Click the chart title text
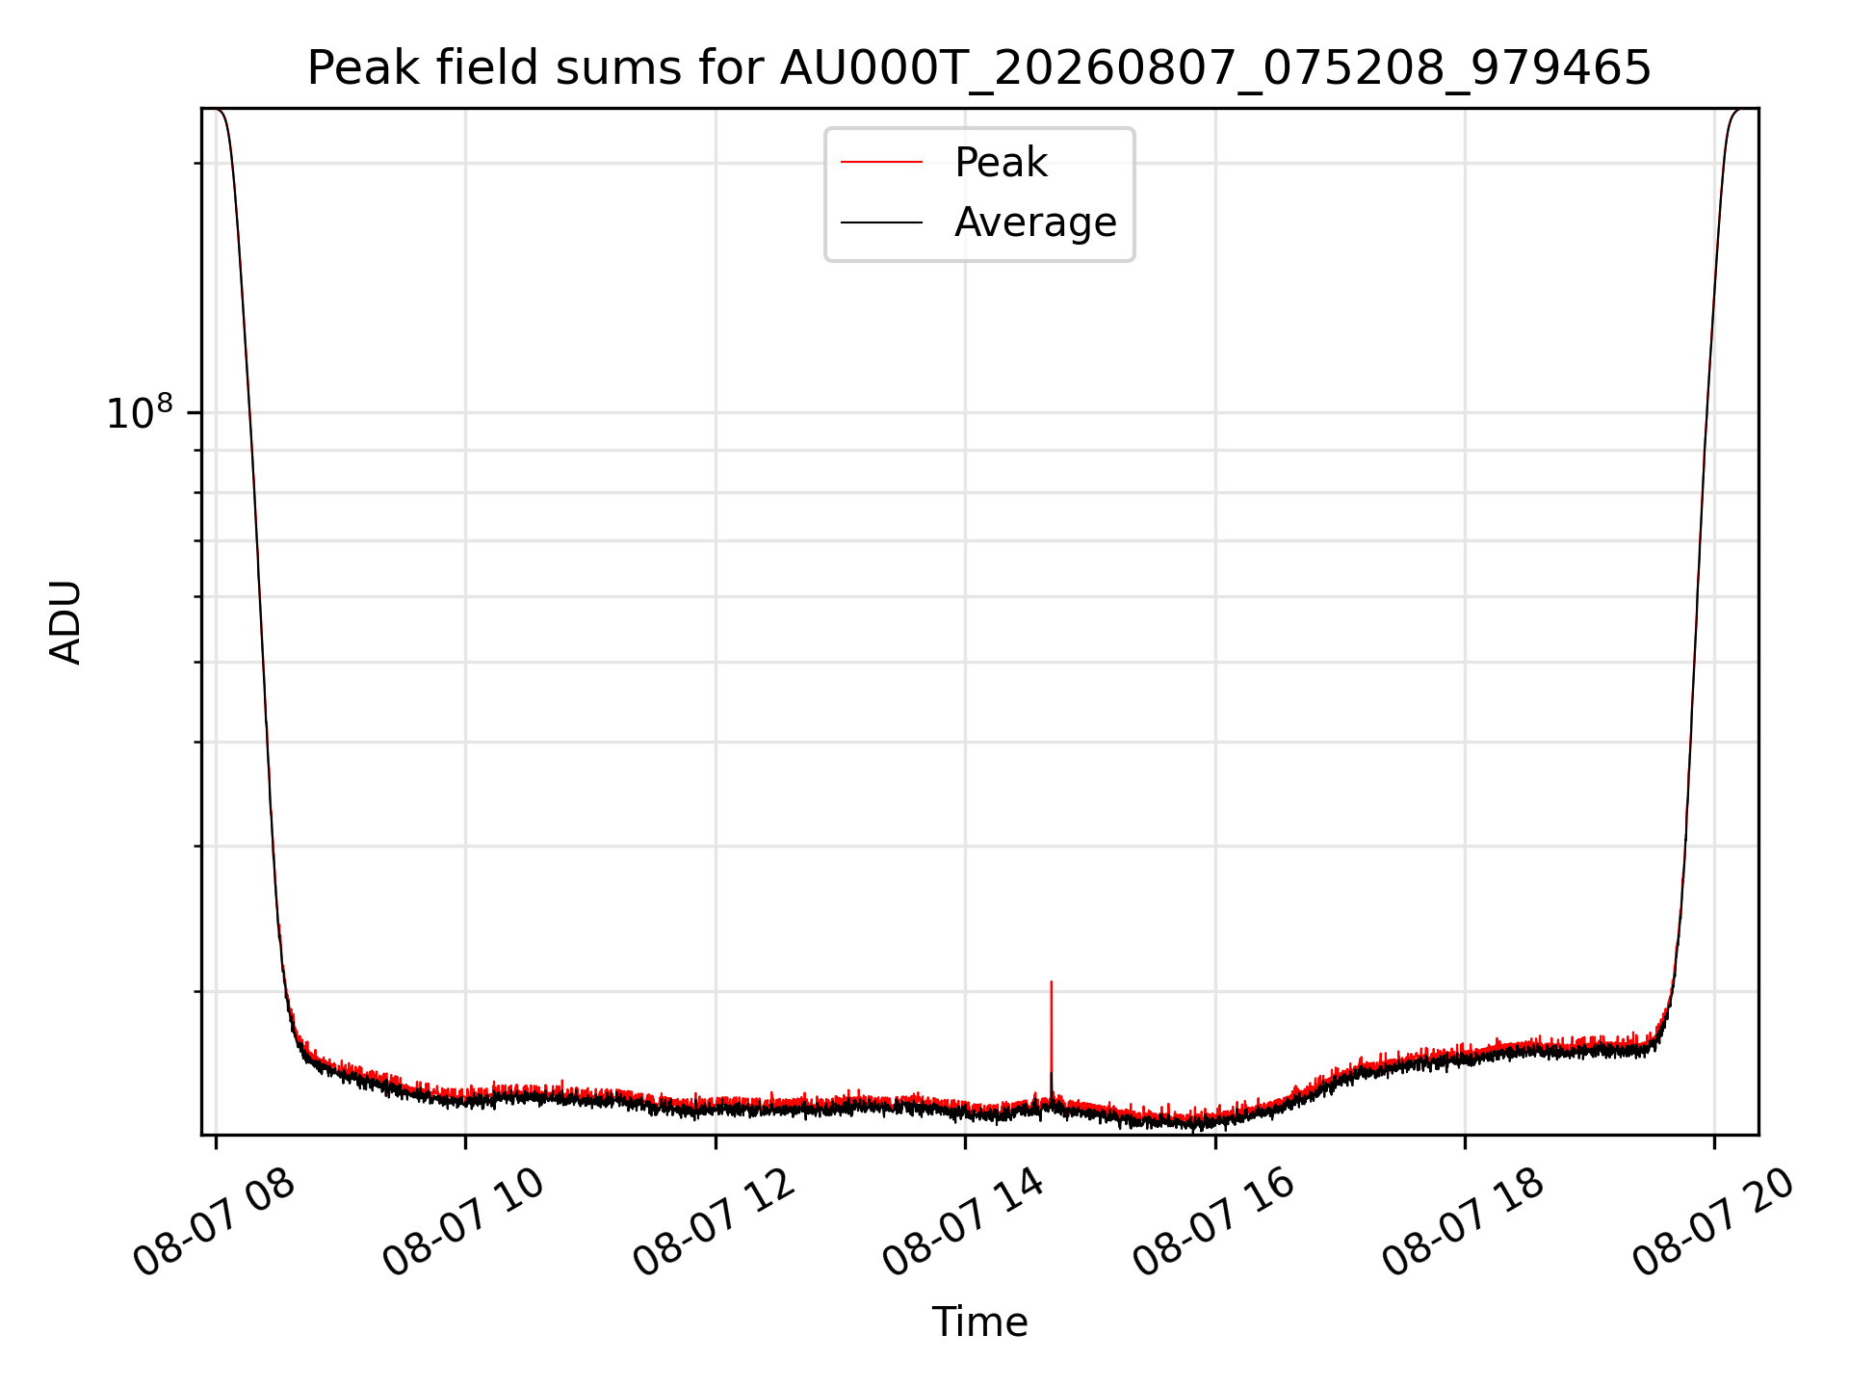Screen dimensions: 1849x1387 pos(979,68)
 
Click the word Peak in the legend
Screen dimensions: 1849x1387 pos(1001,163)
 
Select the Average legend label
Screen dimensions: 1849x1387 pos(1035,222)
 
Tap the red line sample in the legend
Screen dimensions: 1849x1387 pos(881,163)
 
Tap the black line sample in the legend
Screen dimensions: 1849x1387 pos(881,222)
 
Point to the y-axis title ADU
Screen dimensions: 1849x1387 pos(65,622)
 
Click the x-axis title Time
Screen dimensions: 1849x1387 pos(979,1322)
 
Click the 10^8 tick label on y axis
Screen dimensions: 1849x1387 pos(140,412)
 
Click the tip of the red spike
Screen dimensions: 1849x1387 pos(1051,981)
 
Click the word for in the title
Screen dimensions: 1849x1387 pos(738,68)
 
